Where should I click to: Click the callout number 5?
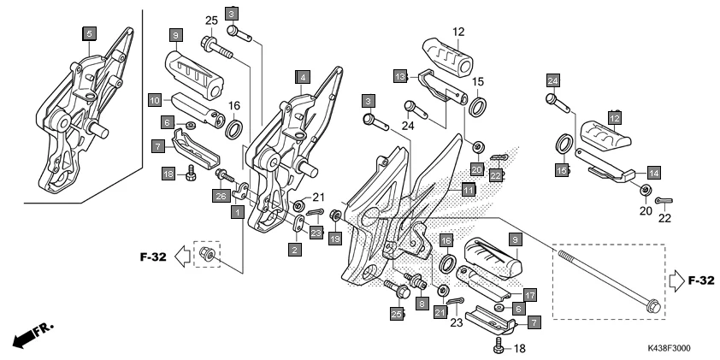point(89,33)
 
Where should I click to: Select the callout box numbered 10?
point(154,99)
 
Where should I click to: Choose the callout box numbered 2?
point(295,250)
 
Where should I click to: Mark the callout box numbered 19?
point(334,238)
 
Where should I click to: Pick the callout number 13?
point(400,76)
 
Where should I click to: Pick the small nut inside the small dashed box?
point(205,254)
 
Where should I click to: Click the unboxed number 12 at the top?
point(458,32)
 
